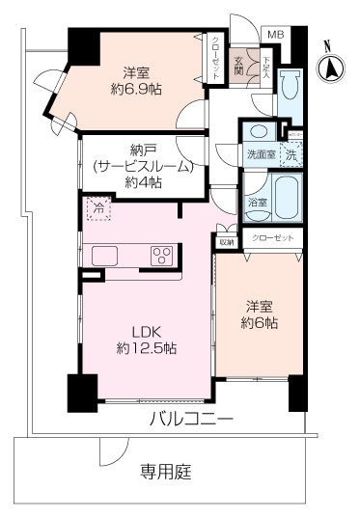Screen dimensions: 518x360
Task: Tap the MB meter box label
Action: tap(276, 35)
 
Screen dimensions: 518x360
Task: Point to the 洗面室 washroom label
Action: tap(260, 153)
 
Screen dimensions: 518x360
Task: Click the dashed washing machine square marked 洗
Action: tap(291, 153)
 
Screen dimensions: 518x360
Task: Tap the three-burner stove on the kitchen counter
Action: tap(161, 256)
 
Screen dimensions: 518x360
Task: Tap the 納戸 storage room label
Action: tap(143, 149)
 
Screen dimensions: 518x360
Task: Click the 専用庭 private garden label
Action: tap(166, 472)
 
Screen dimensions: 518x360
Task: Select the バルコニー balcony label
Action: tap(191, 420)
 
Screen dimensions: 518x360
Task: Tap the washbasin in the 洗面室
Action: tap(260, 133)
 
